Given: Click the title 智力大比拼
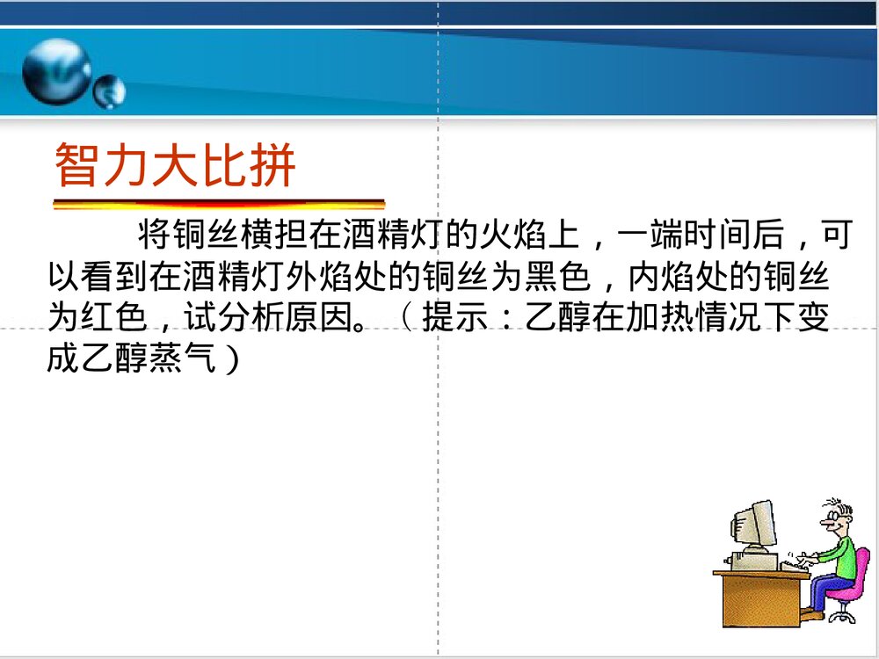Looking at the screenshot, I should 175,165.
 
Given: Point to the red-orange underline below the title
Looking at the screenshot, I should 219,204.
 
